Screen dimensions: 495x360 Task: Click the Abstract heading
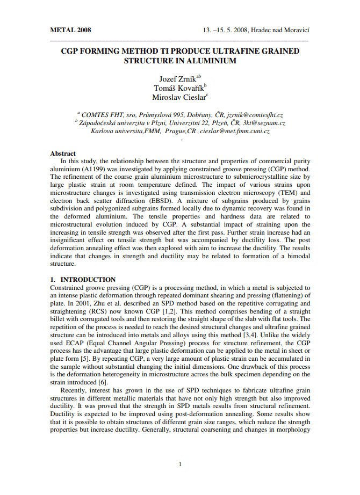point(63,154)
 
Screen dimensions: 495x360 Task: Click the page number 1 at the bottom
point(180,464)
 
